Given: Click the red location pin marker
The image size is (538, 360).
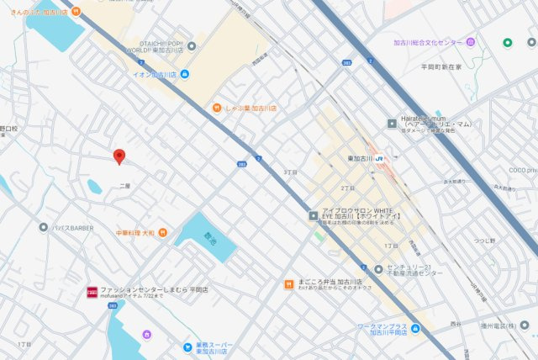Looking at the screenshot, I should pos(119,156).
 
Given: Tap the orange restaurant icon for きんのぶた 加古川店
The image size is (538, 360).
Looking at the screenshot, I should pos(76,12).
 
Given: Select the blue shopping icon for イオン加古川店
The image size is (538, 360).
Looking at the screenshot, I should pos(184,74).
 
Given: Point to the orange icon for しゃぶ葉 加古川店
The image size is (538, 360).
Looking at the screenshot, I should pos(216,108).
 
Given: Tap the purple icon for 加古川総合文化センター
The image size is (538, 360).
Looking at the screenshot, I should pos(471,42).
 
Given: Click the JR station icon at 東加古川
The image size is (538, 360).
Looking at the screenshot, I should pos(380,157).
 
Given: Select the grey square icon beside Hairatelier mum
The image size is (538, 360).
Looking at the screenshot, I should pos(392,124).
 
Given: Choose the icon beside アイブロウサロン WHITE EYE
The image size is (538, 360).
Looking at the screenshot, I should pos(313,215).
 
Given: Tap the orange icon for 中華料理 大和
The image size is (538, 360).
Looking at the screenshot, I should pos(162,232).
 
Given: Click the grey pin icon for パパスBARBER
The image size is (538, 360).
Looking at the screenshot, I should pos(43,226).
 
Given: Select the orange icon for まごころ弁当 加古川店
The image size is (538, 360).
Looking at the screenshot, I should pos(288,284).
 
